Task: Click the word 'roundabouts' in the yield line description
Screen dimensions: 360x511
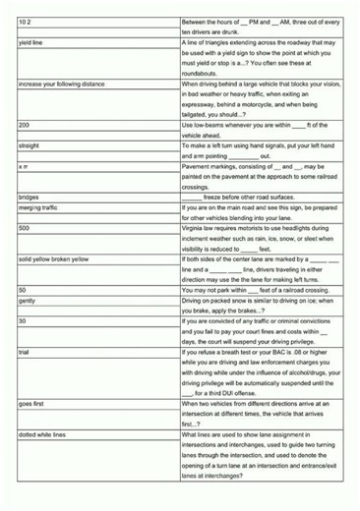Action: (204, 74)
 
